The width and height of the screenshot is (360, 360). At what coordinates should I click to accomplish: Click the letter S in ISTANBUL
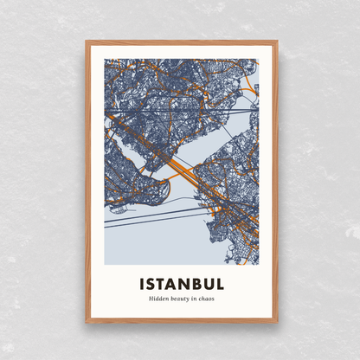(152, 284)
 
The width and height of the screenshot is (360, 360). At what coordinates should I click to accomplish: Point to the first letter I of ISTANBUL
(142, 284)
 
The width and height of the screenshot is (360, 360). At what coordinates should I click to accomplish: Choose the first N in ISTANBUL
(184, 284)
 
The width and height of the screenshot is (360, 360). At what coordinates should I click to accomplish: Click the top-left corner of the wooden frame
(87, 42)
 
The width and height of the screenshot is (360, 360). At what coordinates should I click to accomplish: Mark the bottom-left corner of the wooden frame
(87, 322)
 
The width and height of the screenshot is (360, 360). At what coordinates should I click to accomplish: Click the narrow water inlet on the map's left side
(130, 156)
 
